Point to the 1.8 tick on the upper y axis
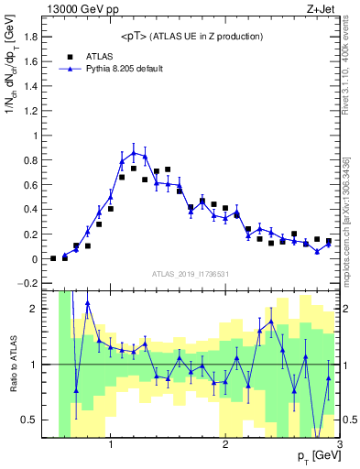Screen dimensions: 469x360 (x=44, y=38)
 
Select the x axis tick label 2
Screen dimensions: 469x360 (x=225, y=446)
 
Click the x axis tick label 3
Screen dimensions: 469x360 (x=339, y=446)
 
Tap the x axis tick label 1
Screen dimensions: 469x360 (x=111, y=446)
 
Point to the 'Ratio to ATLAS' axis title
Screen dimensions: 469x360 (x=12, y=365)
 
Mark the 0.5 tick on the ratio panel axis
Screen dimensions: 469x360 (x=45, y=420)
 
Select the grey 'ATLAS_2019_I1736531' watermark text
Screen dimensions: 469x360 (x=191, y=274)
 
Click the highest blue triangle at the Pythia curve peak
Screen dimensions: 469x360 (x=134, y=152)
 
